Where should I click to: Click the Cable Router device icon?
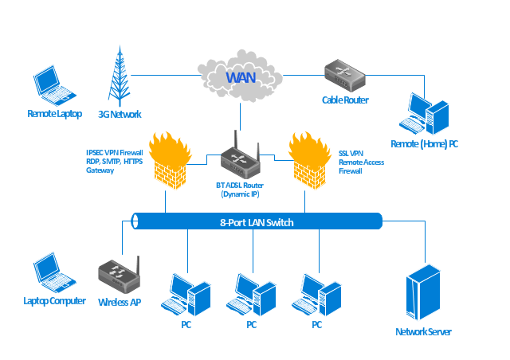[344, 76]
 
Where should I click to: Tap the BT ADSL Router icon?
[241, 159]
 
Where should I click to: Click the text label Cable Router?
[345, 100]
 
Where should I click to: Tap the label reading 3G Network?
[120, 114]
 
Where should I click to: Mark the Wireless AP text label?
[120, 303]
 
